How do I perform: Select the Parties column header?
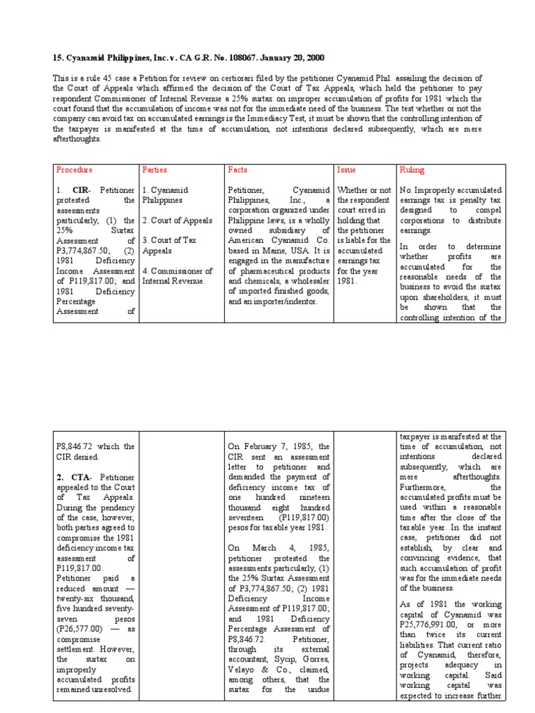[155, 170]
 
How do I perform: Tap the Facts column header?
[238, 170]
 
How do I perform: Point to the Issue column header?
[346, 170]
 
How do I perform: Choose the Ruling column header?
[412, 170]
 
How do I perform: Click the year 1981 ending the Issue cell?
[348, 281]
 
